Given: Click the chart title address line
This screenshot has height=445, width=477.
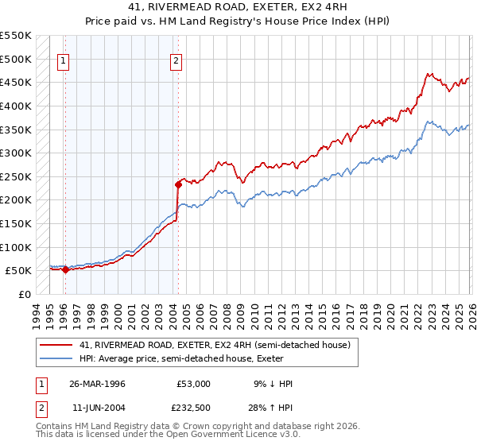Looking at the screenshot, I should point(238,7).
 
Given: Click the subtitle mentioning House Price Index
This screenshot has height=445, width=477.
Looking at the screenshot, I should point(238,21).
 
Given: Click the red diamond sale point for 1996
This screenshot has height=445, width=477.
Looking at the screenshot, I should point(65,269).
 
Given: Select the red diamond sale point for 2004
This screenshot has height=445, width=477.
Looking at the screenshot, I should point(178,184).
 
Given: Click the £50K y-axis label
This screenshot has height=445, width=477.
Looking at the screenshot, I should point(18,270).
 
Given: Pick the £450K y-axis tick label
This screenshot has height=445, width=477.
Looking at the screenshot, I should point(16,82).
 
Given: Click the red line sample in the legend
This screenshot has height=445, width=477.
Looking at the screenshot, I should point(56,344).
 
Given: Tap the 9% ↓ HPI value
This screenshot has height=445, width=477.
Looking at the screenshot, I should point(272,384).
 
